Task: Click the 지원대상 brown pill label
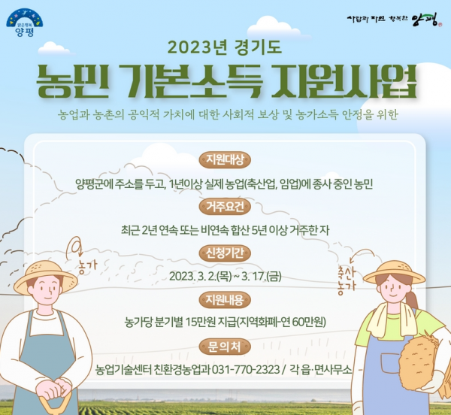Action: pyautogui.click(x=225, y=159)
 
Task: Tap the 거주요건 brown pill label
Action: pyautogui.click(x=225, y=207)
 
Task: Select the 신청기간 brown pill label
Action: pyautogui.click(x=225, y=253)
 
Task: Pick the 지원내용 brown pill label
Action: pyautogui.click(x=225, y=300)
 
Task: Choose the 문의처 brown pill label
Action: pyautogui.click(x=225, y=347)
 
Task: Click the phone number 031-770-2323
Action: pyautogui.click(x=246, y=369)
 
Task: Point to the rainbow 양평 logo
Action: pyautogui.click(x=25, y=23)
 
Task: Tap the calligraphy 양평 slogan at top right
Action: pyautogui.click(x=394, y=20)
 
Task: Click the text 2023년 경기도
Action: pyautogui.click(x=225, y=47)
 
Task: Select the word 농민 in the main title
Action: pyautogui.click(x=73, y=81)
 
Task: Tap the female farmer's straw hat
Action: pyautogui.click(x=394, y=272)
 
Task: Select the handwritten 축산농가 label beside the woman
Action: pyautogui.click(x=347, y=280)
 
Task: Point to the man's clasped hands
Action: pyautogui.click(x=54, y=388)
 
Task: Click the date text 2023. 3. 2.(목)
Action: pyautogui.click(x=201, y=277)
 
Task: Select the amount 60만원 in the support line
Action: pyautogui.click(x=309, y=322)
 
